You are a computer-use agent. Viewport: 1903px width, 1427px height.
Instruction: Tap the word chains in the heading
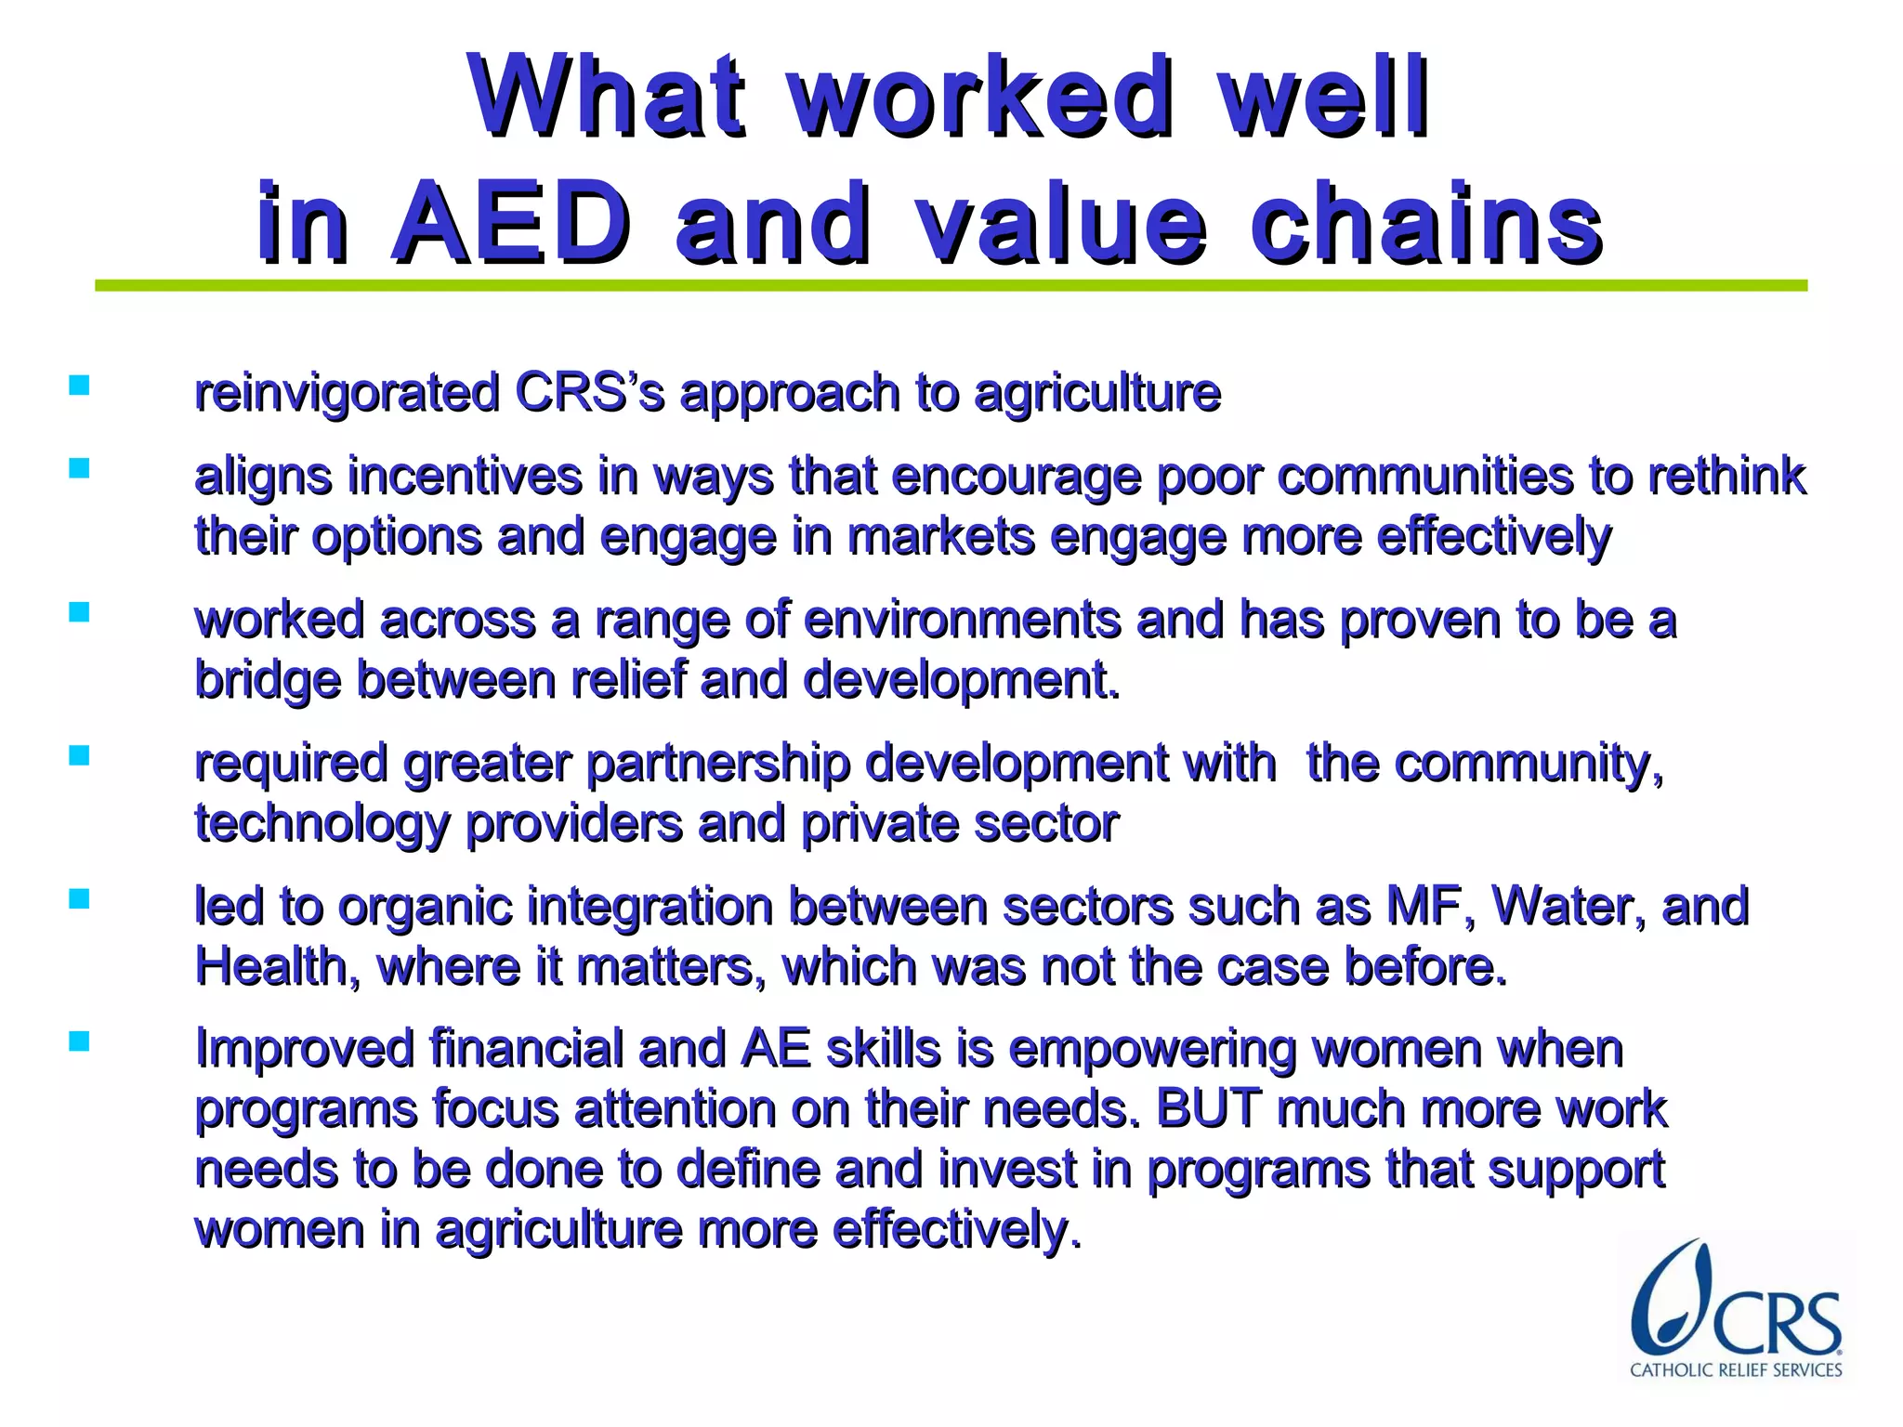(x=1425, y=223)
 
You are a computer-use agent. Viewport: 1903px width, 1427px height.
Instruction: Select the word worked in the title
(x=979, y=97)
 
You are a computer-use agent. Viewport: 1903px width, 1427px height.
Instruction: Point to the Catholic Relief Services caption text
(x=1736, y=1370)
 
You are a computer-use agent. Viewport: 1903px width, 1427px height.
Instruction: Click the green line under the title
(x=950, y=286)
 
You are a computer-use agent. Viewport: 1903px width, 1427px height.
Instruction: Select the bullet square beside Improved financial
(x=79, y=1042)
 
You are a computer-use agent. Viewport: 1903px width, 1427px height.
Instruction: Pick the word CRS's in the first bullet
(x=589, y=392)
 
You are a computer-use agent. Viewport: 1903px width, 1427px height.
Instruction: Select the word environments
(x=961, y=620)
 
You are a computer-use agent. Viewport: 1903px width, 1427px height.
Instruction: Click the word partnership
(x=717, y=764)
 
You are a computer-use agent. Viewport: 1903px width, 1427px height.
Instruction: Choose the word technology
(x=322, y=825)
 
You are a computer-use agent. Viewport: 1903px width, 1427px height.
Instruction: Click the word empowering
(x=1151, y=1051)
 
